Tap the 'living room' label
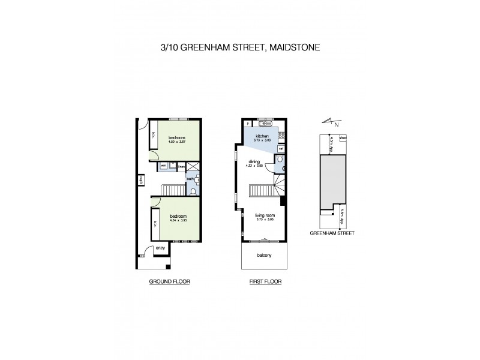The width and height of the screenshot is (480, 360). click(x=264, y=215)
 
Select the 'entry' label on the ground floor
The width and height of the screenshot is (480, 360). click(x=160, y=247)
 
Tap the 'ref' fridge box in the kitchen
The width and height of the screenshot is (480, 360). click(x=280, y=148)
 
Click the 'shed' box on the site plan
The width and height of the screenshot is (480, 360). click(x=343, y=138)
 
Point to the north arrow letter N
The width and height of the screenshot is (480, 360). click(x=337, y=125)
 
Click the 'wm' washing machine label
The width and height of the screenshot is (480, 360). click(x=163, y=165)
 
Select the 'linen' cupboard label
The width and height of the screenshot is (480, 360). click(x=181, y=165)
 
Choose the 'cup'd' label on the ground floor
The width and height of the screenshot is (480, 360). click(x=140, y=180)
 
